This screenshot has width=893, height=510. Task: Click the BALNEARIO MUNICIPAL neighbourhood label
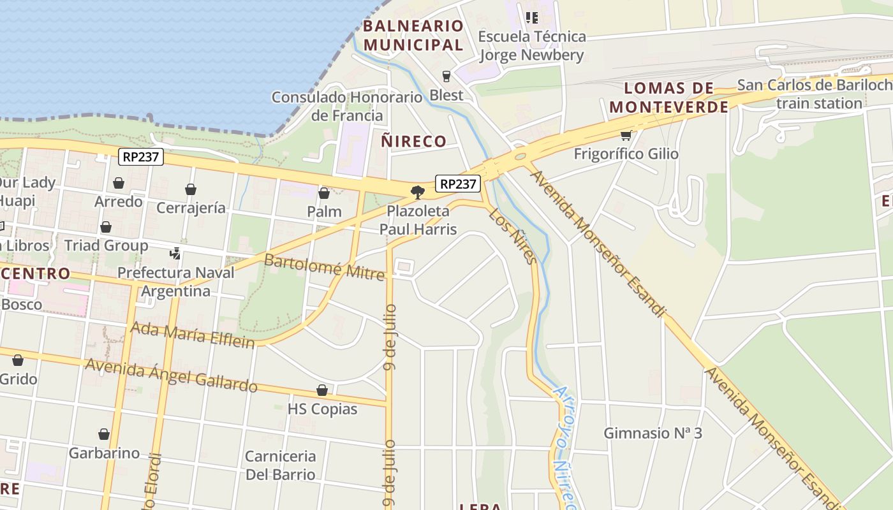[x=413, y=36]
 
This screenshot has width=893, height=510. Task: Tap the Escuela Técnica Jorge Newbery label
[x=531, y=45]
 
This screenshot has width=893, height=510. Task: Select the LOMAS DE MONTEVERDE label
[x=668, y=98]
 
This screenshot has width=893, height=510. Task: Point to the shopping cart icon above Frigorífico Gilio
[x=626, y=135]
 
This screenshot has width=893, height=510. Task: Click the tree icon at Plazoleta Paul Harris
[x=418, y=192]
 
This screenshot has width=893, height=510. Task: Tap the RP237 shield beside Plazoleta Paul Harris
[x=457, y=184]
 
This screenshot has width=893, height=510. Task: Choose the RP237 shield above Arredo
[x=141, y=157]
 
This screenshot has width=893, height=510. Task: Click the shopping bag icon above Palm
[x=324, y=193]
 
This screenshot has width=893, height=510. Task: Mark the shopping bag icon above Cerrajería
[x=190, y=189]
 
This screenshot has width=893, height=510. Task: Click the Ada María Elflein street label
[x=192, y=335]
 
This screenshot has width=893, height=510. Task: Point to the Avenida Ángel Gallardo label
[x=171, y=375]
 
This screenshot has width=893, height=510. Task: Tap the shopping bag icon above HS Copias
[x=322, y=390]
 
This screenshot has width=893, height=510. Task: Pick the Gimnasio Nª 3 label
[x=653, y=433]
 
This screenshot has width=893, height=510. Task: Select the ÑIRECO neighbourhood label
[x=413, y=141]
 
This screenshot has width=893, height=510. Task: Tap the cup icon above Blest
[x=446, y=76]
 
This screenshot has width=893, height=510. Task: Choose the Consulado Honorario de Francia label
[x=347, y=106]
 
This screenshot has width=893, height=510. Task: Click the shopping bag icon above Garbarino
[x=104, y=435]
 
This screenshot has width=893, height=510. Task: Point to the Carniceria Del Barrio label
[x=281, y=465]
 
